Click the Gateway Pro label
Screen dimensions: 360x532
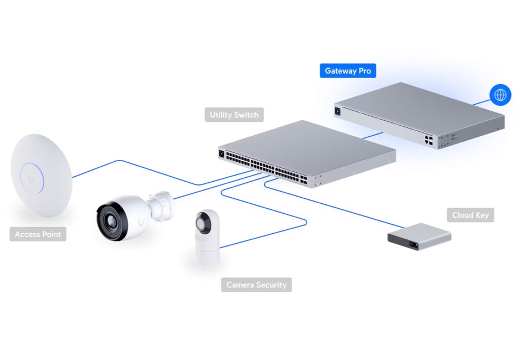(348, 71)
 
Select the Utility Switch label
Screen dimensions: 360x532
(234, 115)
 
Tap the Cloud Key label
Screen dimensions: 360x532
(470, 215)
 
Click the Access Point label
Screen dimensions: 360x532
(38, 234)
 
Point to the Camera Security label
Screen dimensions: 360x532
(256, 285)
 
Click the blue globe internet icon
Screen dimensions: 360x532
(500, 95)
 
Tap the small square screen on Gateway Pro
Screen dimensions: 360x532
(337, 111)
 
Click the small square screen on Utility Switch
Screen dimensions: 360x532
(222, 153)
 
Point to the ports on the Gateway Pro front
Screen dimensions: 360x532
(429, 140)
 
